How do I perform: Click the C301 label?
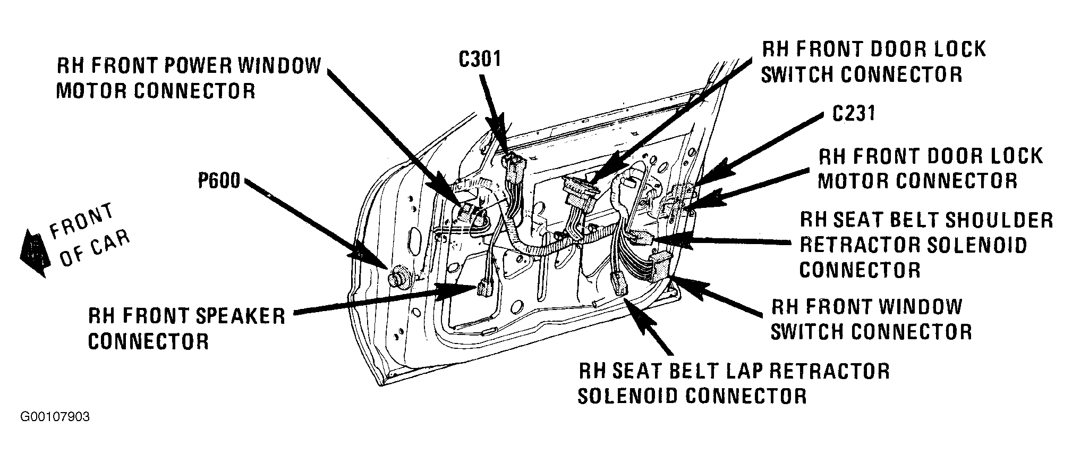tap(480, 60)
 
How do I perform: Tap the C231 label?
tap(853, 113)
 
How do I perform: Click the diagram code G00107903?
tap(55, 417)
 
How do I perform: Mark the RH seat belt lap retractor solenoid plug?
tap(618, 283)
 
